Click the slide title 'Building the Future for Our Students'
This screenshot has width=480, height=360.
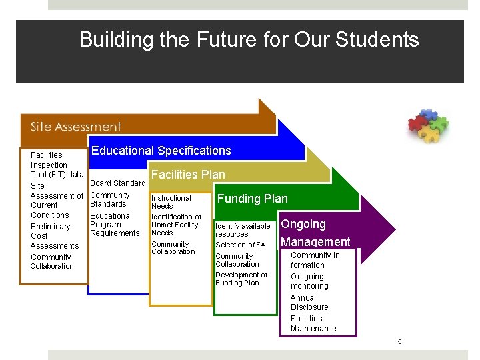tap(249, 40)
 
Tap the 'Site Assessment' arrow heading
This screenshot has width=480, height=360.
tap(75, 127)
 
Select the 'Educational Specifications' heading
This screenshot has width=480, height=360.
tap(161, 151)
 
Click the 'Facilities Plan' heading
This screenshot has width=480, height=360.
tap(188, 175)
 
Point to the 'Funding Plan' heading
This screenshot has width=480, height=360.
tap(253, 199)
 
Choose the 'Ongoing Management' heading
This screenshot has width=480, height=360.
tap(315, 233)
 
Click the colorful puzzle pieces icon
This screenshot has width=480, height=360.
tap(428, 125)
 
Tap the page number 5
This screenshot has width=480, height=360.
tap(399, 342)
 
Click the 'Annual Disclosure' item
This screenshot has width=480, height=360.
tap(309, 303)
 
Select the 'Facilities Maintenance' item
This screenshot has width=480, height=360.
tap(313, 323)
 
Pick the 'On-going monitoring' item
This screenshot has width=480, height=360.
tap(309, 281)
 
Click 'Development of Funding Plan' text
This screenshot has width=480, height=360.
tap(241, 279)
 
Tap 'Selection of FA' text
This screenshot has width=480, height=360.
tap(240, 245)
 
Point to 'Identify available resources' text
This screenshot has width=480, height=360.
tap(243, 230)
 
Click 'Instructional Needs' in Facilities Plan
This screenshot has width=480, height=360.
tap(171, 202)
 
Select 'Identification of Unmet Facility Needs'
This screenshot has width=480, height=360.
tap(176, 225)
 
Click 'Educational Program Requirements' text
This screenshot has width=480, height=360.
tap(115, 225)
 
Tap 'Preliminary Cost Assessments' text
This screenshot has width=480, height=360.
tap(54, 236)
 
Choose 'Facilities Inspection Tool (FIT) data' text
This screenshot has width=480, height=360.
tap(57, 165)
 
